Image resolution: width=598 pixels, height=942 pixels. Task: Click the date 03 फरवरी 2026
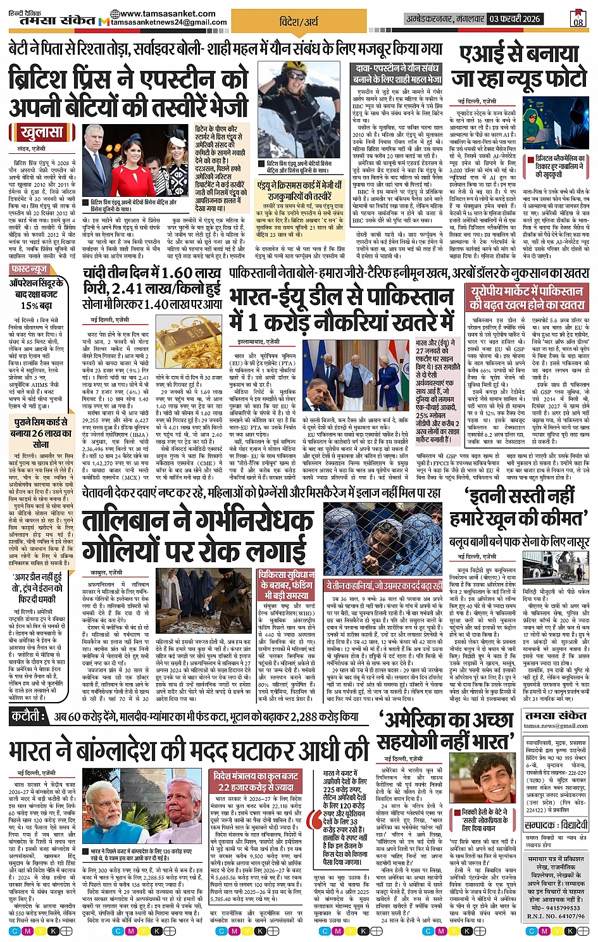coord(514,20)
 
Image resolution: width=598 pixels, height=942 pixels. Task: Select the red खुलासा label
coord(42,133)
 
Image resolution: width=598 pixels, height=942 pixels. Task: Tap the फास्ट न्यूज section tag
coord(29,269)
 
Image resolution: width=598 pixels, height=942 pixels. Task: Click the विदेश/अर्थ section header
coord(299,22)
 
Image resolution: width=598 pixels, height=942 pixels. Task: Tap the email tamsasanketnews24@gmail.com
coord(169,23)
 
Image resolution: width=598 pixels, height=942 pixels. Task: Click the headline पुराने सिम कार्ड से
coord(41,422)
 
